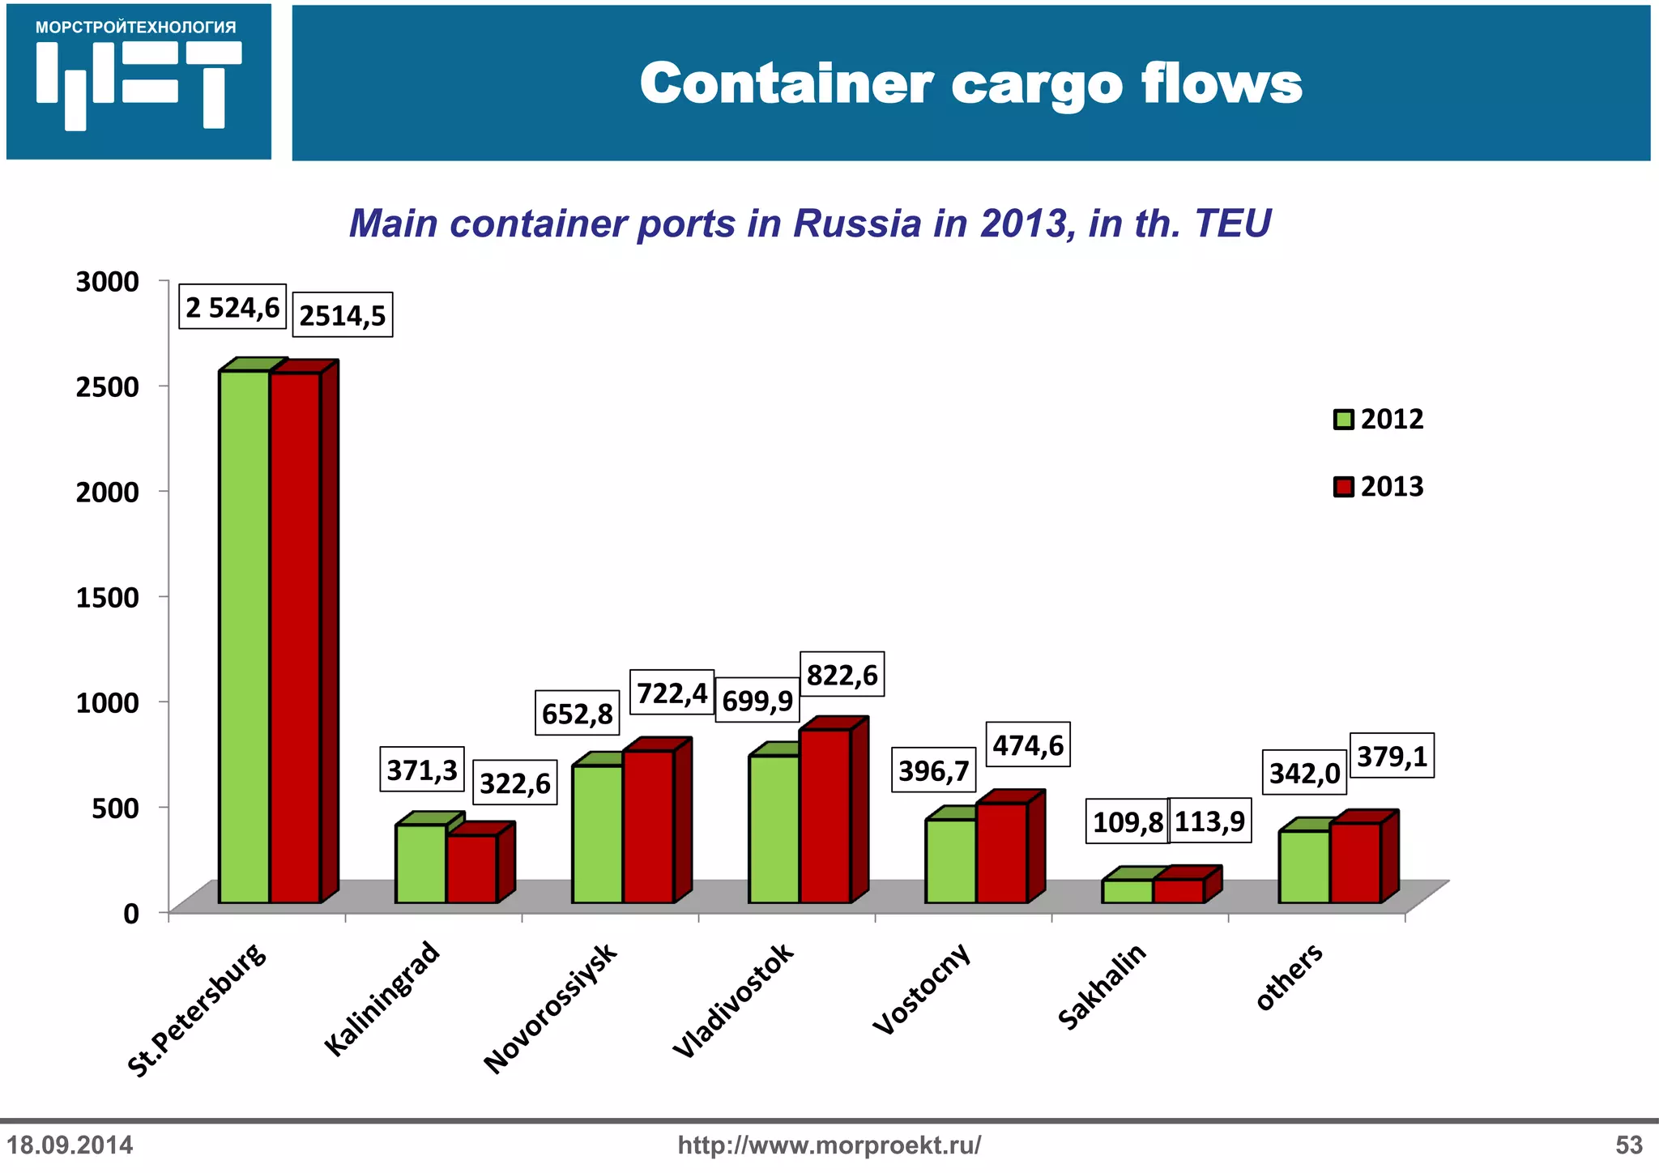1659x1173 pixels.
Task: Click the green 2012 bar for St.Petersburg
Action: click(x=244, y=636)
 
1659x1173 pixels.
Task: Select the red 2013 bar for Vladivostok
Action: click(x=825, y=815)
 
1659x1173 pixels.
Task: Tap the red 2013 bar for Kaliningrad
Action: click(x=471, y=868)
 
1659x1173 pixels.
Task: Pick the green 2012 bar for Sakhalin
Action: click(x=1127, y=891)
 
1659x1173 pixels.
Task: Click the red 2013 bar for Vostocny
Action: click(x=1001, y=852)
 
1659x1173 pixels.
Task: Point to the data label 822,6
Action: click(x=842, y=674)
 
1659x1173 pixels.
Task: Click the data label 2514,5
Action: click(x=342, y=314)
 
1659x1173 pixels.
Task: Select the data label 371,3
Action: click(x=422, y=769)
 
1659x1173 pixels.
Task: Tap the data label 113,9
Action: click(x=1209, y=821)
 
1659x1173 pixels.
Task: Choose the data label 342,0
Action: click(x=1304, y=772)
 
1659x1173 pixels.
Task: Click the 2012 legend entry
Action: click(x=1379, y=419)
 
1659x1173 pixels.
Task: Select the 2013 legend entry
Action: click(x=1379, y=486)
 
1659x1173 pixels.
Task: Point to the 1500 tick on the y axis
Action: click(x=108, y=597)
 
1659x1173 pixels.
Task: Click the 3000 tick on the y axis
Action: click(x=108, y=282)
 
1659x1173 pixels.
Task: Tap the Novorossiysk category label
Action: click(x=550, y=1008)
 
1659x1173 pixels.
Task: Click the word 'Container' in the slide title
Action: click(x=787, y=83)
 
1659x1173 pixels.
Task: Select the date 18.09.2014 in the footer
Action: click(x=70, y=1145)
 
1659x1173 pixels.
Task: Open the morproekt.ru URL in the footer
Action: click(x=829, y=1145)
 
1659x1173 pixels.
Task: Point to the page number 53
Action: click(x=1628, y=1145)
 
